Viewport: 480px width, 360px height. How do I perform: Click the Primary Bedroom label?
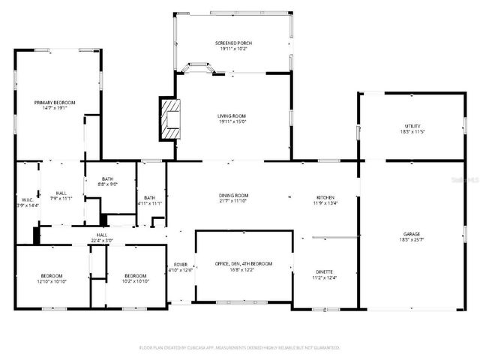55,102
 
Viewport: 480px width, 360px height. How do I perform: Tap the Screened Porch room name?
233,43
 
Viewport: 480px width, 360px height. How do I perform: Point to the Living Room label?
232,115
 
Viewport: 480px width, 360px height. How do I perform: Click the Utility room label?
412,126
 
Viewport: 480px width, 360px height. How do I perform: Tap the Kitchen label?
324,196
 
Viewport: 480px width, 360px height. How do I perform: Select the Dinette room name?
324,271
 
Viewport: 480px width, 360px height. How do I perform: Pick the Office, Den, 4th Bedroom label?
244,264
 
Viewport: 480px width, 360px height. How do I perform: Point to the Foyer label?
181,265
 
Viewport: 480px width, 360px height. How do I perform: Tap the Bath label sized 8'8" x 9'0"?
109,179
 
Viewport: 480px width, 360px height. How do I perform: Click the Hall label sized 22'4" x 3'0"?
101,235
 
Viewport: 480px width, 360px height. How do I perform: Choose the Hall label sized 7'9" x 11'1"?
61,193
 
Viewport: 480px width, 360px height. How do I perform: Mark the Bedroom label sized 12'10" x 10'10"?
52,275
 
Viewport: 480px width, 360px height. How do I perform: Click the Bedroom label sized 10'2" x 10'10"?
136,275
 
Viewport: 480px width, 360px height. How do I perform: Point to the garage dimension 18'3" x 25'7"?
411,239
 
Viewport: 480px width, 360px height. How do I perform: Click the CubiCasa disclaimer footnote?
240,348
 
